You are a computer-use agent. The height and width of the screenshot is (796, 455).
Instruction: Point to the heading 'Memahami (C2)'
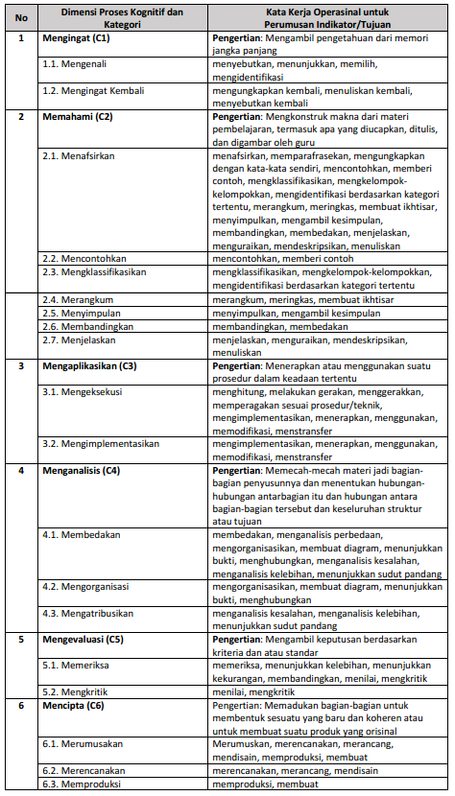(78, 116)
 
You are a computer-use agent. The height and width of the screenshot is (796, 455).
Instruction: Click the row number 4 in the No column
(21, 470)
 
